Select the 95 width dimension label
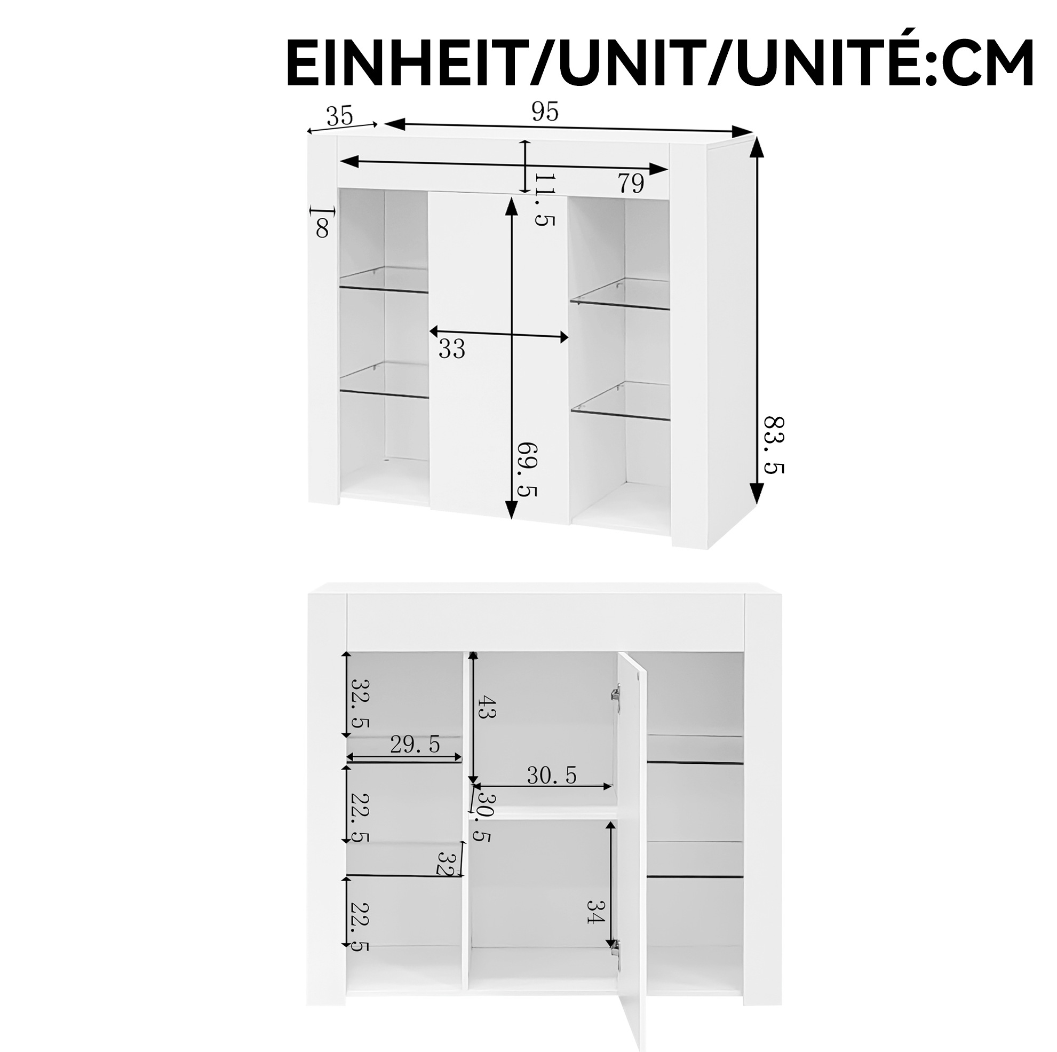click(x=545, y=112)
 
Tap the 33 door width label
click(x=452, y=349)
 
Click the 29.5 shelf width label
click(x=415, y=745)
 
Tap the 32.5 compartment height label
click(x=361, y=703)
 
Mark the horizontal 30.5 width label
click(x=552, y=775)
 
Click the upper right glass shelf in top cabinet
click(x=621, y=294)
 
